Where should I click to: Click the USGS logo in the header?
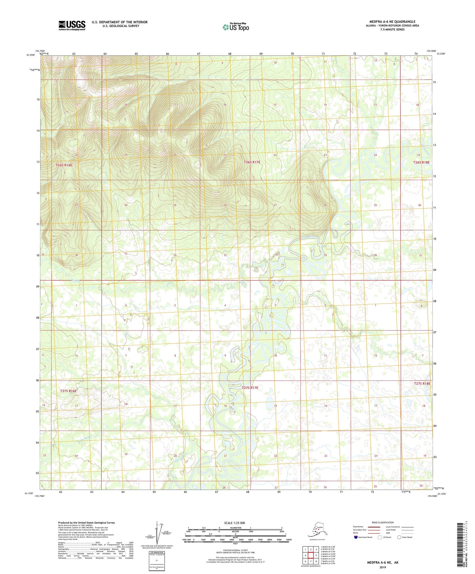[x=72, y=25]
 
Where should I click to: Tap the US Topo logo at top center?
[x=235, y=27]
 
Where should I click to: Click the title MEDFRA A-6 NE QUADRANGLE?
[x=392, y=22]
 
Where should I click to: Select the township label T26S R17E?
[x=252, y=162]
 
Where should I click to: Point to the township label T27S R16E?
[x=68, y=391]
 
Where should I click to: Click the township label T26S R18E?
[x=421, y=162]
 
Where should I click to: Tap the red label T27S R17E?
[x=250, y=388]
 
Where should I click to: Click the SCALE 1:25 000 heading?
[x=234, y=523]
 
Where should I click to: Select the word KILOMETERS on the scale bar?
[x=235, y=528]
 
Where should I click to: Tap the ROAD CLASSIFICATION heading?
[x=383, y=522]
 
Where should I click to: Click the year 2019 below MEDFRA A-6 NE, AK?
[x=383, y=567]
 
